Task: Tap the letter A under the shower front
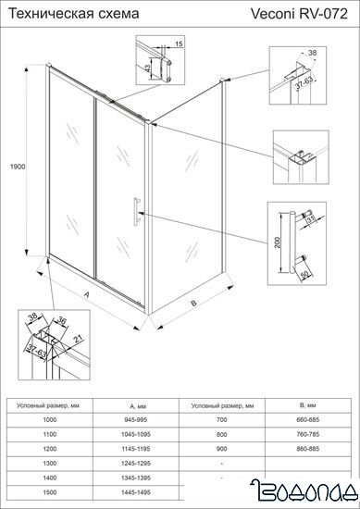tap(86, 296)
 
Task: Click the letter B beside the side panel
tap(192, 302)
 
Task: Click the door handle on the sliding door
tap(136, 212)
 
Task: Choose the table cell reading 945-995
tap(133, 419)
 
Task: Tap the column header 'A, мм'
tap(133, 405)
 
